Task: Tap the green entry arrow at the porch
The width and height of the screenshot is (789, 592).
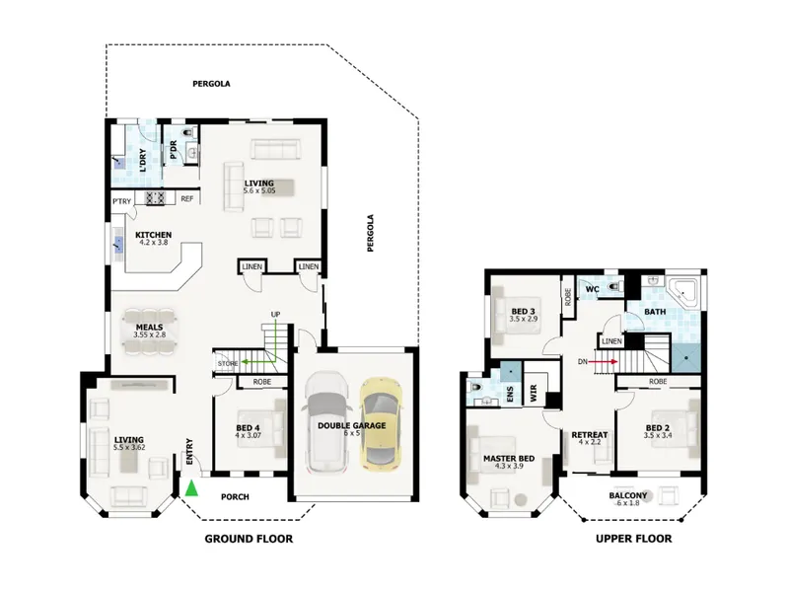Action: [x=191, y=488]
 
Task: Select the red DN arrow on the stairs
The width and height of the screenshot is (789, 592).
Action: [x=604, y=361]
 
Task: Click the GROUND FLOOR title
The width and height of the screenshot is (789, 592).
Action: [x=249, y=539]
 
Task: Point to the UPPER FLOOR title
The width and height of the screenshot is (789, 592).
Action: [x=633, y=539]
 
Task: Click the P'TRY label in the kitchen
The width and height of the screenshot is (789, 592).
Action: [x=121, y=201]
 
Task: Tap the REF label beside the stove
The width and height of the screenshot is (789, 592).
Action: [x=187, y=199]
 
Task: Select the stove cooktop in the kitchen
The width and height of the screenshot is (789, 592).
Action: [x=156, y=198]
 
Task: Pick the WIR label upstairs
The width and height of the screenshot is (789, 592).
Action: [x=534, y=391]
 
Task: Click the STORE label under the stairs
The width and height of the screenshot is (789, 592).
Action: [x=228, y=363]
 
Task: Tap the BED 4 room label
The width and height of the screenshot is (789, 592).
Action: [x=248, y=428]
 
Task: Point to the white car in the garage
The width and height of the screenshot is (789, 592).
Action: [x=327, y=421]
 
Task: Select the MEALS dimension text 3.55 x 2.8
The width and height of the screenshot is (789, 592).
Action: [x=150, y=334]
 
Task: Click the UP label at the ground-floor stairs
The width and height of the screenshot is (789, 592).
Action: [x=276, y=315]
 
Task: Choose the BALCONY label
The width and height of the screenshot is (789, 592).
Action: [x=628, y=495]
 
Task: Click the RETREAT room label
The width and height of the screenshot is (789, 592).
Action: [x=590, y=434]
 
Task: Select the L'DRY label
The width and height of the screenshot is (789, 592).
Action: [x=143, y=160]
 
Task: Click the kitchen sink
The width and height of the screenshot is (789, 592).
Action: [x=118, y=245]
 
